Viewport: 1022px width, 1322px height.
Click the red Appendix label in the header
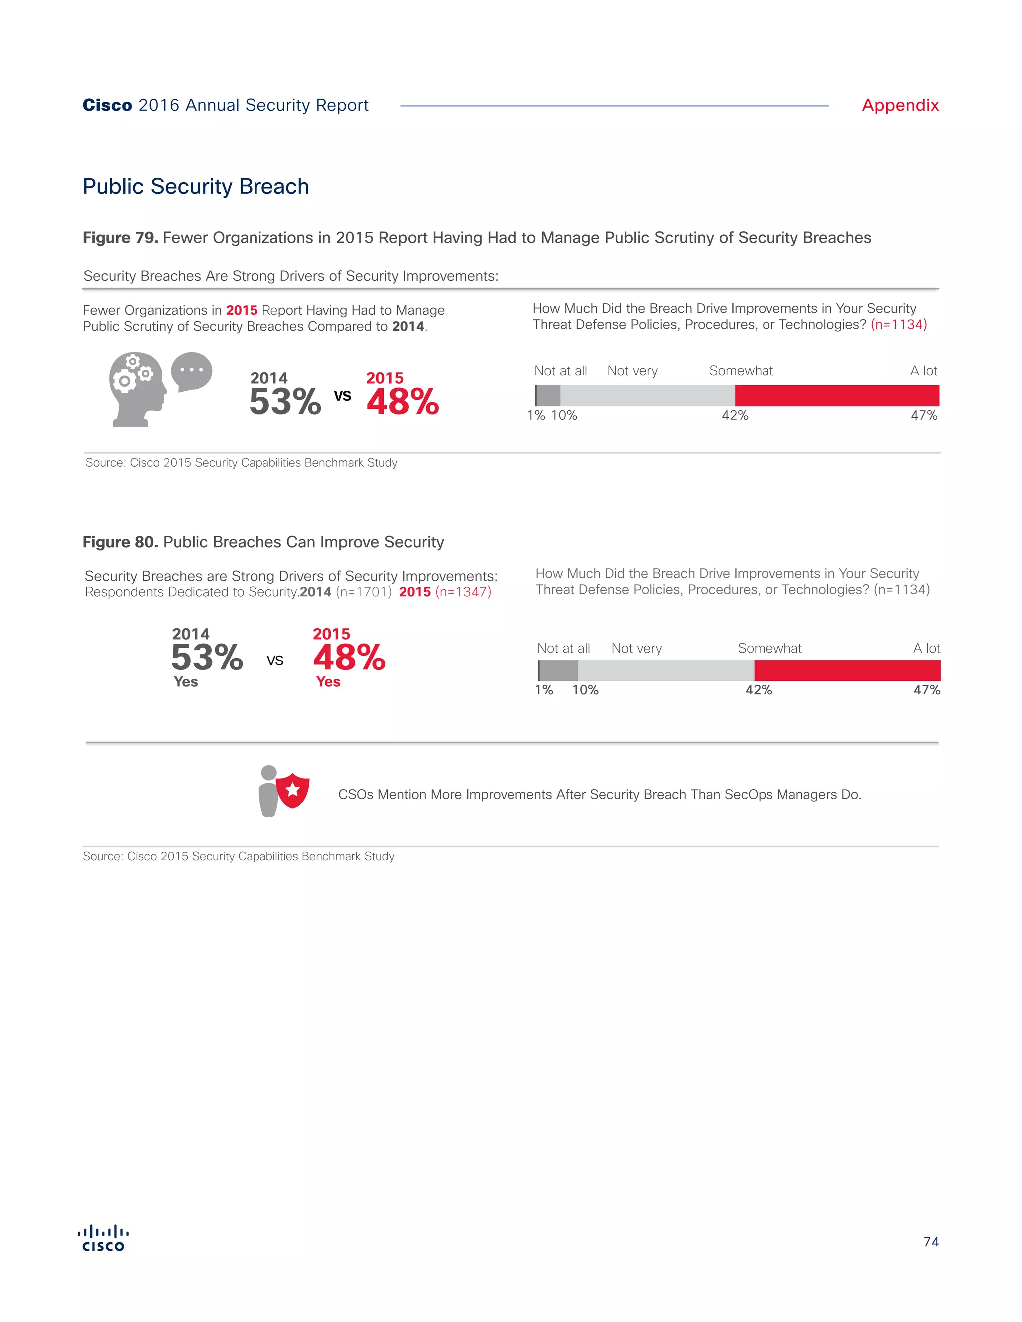click(900, 105)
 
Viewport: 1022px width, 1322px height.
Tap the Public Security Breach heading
click(196, 186)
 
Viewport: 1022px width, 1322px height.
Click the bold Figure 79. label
click(120, 238)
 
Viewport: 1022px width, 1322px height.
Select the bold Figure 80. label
click(120, 542)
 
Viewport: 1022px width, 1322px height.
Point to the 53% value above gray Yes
click(207, 658)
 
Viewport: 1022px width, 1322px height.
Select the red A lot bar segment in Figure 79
click(836, 395)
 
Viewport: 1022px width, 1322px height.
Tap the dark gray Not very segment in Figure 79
click(548, 395)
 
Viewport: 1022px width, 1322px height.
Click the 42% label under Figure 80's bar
click(758, 690)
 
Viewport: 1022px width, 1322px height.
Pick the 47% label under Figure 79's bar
click(923, 415)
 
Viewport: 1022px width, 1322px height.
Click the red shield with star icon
click(293, 790)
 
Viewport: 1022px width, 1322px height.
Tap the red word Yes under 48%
click(328, 682)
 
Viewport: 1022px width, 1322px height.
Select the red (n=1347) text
click(463, 592)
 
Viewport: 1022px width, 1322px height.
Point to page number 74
click(931, 1242)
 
